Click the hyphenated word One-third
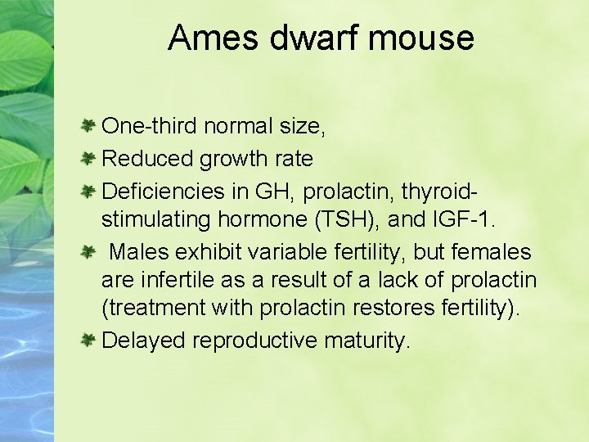[x=149, y=127]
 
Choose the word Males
[x=140, y=253]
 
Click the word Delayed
[x=144, y=341]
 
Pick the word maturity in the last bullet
[x=366, y=341]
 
